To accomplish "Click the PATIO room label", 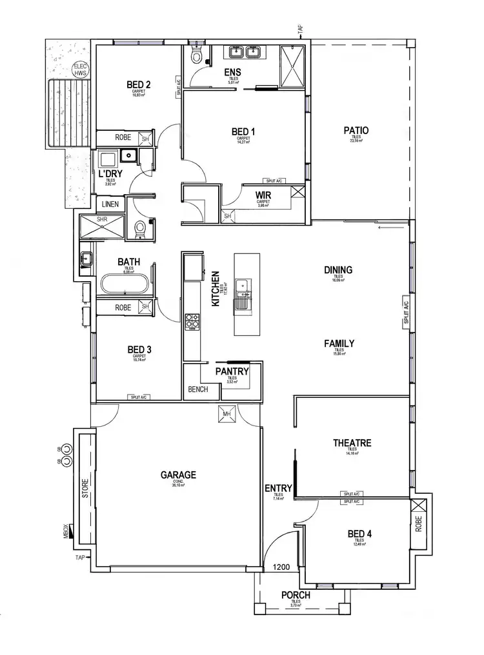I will pos(356,131).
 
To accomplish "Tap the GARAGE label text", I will pos(178,475).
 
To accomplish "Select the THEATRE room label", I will pos(352,443).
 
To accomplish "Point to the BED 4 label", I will pos(359,534).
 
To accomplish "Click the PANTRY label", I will pos(232,372).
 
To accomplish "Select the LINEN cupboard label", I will pos(110,204).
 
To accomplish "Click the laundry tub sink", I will pos(128,155).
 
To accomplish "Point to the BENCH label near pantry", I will pos(198,389).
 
